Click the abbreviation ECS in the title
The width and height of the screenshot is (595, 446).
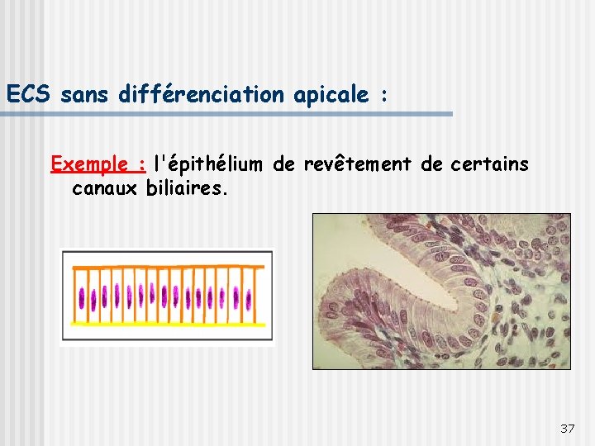pos(30,95)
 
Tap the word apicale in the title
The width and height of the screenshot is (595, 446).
pos(330,96)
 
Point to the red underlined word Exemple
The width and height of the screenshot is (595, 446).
pos(97,164)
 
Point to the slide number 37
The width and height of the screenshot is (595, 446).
pos(567,428)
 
